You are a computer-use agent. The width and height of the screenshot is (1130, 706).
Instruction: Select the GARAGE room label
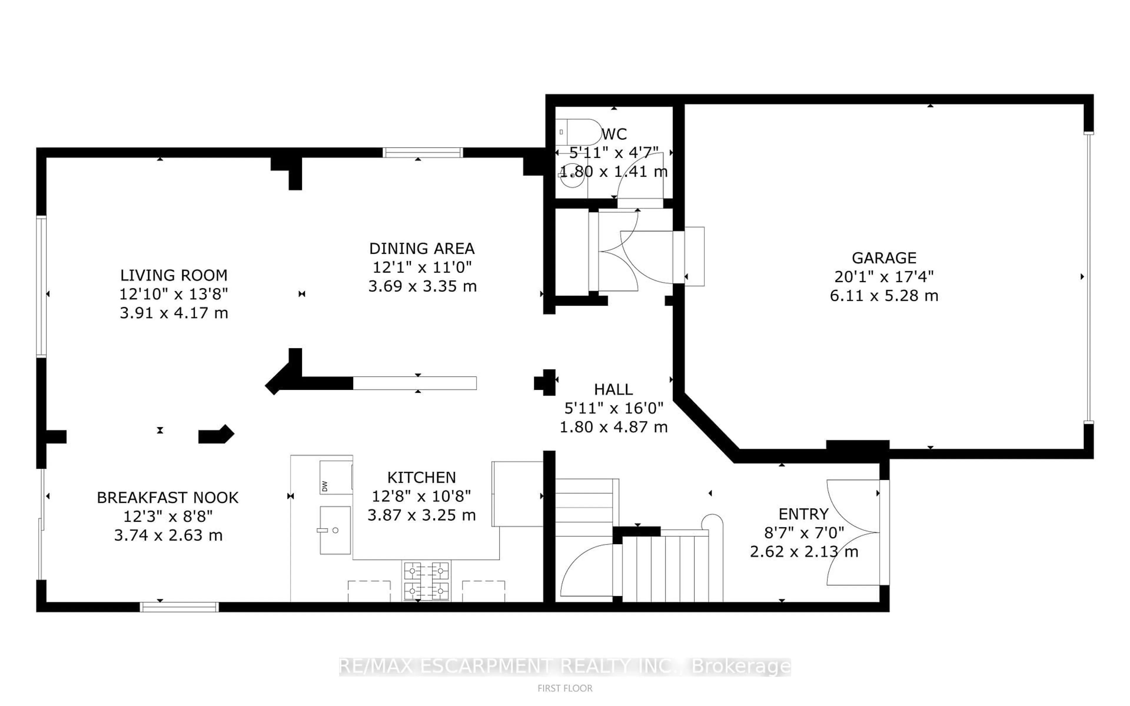(x=884, y=258)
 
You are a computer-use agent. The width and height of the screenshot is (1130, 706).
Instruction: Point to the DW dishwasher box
(x=335, y=477)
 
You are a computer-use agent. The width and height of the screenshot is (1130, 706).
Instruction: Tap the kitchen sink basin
(x=335, y=530)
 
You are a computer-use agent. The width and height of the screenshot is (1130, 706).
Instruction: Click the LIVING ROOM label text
(x=174, y=275)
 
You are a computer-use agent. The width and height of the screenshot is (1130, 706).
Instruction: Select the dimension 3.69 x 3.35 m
(x=422, y=286)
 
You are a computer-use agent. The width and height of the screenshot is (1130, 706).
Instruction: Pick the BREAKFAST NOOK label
(x=167, y=497)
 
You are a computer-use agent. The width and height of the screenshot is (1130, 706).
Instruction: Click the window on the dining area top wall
(x=423, y=152)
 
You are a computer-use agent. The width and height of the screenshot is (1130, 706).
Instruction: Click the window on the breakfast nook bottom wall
(x=179, y=606)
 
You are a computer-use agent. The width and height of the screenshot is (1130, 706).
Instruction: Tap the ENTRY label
(x=803, y=514)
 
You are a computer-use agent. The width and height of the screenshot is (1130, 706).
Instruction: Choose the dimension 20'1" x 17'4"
(x=884, y=276)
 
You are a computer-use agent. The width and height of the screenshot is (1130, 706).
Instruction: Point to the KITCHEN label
(x=421, y=477)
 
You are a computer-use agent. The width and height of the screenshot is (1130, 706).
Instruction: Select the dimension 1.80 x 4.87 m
(x=613, y=427)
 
